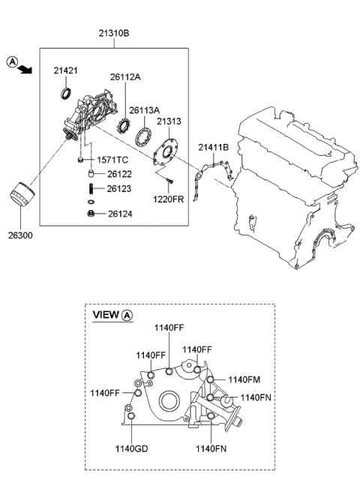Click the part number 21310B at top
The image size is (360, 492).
(114, 33)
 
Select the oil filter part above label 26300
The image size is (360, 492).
(22, 194)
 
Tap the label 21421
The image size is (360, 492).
(65, 70)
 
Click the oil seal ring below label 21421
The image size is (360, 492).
(66, 94)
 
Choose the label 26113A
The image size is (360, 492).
(145, 110)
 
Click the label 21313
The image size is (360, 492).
(169, 121)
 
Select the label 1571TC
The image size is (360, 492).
(112, 160)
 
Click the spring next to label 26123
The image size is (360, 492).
(91, 189)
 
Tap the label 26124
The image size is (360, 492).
(120, 214)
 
